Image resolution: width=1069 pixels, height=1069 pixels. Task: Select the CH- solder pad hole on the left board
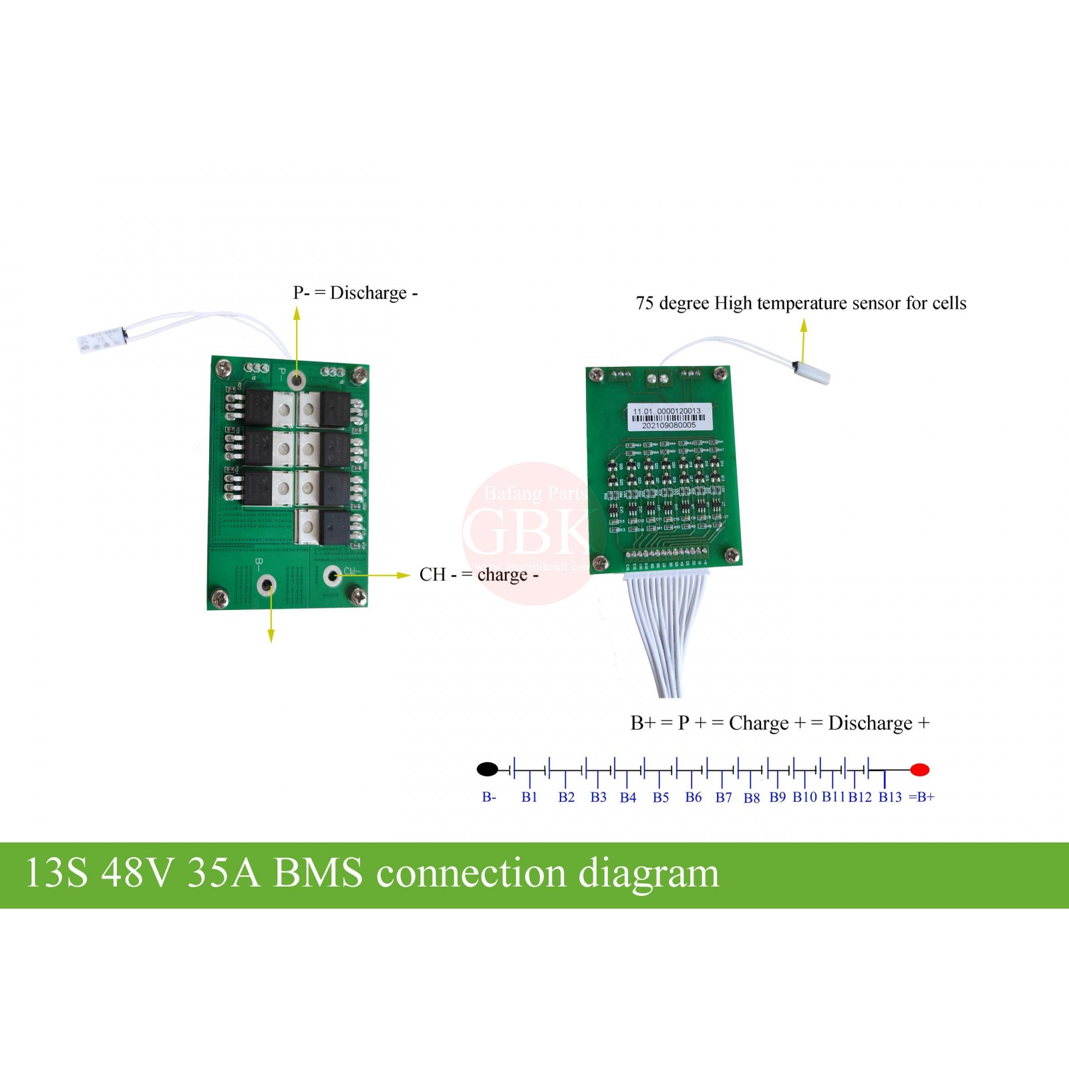click(331, 575)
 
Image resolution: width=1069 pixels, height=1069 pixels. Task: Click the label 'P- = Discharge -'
click(355, 293)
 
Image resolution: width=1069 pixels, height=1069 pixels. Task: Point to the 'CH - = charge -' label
click(478, 575)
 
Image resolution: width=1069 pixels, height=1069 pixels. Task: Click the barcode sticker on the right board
click(668, 418)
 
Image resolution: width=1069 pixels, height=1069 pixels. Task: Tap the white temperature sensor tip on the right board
click(813, 373)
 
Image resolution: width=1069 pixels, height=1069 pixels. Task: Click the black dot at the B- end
click(487, 769)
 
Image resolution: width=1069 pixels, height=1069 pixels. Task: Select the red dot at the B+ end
click(920, 770)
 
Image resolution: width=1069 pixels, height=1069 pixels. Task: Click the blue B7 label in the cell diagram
click(724, 797)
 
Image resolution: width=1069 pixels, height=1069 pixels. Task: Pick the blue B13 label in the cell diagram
click(890, 797)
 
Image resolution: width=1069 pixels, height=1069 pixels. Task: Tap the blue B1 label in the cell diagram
click(529, 797)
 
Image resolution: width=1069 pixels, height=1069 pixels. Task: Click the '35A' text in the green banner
click(223, 873)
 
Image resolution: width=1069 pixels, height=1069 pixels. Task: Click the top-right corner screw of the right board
click(720, 374)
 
